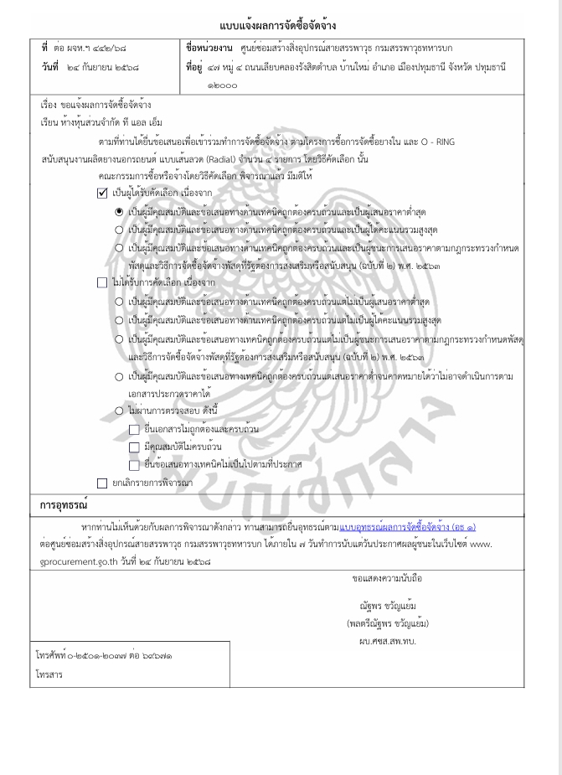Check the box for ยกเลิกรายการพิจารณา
click(102, 483)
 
